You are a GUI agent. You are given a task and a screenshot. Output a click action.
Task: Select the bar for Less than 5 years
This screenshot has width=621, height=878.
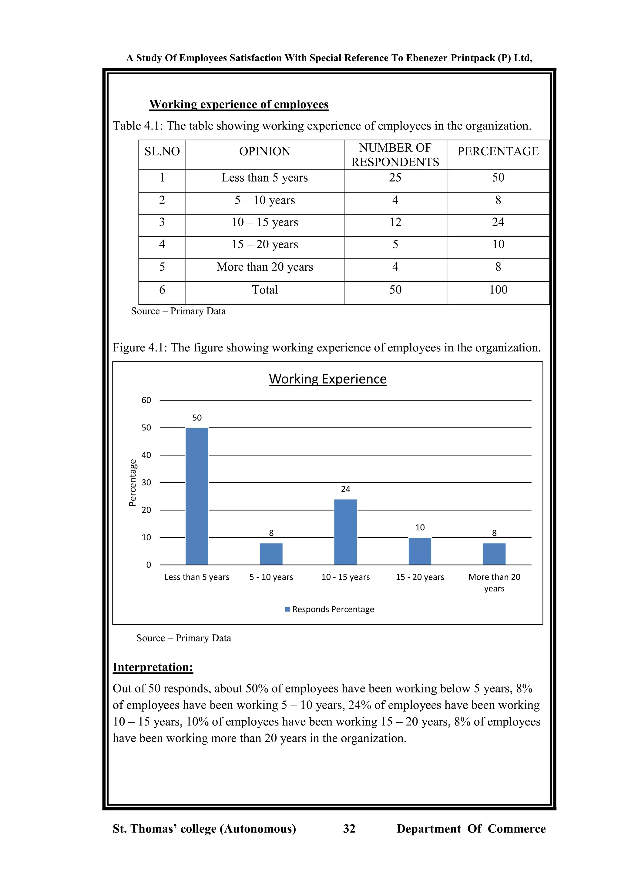pos(197,496)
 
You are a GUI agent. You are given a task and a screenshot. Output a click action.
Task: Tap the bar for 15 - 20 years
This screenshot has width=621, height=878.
pos(420,551)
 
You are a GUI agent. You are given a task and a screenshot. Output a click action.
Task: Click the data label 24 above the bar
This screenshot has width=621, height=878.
pos(345,489)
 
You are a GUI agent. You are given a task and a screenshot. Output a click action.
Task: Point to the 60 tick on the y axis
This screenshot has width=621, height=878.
pos(146,400)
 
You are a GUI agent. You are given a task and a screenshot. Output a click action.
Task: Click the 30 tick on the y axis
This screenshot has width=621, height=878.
pos(146,483)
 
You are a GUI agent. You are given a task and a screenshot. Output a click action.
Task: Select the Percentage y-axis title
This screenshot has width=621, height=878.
pos(132,483)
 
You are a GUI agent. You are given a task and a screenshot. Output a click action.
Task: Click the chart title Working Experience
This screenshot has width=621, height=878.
pos(328,379)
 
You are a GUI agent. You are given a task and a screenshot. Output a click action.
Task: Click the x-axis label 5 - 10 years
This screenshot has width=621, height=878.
pos(271,577)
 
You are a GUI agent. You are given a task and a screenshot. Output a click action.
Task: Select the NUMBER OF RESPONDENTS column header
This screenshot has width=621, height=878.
pos(395,155)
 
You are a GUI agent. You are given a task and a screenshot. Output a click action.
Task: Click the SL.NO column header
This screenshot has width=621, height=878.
pos(162,151)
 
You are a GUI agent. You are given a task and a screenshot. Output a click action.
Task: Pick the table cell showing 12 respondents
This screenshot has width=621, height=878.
pos(395,222)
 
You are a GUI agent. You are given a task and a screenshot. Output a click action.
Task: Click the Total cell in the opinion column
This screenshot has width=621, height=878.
pos(265,290)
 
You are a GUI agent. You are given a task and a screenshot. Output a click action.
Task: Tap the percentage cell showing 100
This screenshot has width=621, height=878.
pos(498,290)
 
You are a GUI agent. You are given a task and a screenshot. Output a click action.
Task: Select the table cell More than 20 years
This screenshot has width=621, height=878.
pos(265,267)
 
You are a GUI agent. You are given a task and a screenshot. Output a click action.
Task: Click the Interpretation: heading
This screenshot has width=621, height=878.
pos(153,667)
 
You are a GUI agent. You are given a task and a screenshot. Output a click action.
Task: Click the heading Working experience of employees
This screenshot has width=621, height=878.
pos(239,104)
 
